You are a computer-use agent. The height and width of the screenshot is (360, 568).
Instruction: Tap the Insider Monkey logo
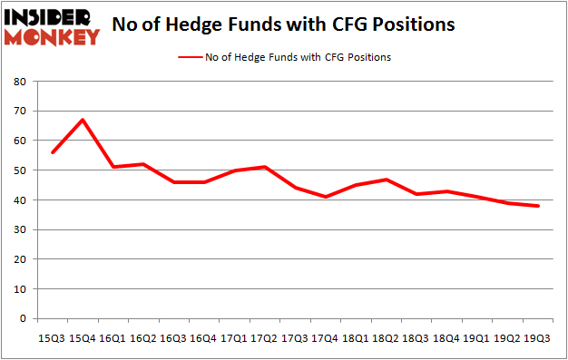pyautogui.click(x=52, y=26)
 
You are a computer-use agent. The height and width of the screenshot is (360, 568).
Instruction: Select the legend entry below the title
pyautogui.click(x=286, y=57)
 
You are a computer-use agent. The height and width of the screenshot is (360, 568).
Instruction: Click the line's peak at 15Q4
pyautogui.click(x=83, y=120)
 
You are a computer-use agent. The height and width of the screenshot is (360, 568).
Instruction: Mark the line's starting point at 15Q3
pyautogui.click(x=52, y=152)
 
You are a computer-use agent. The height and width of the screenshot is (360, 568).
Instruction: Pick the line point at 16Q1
pyautogui.click(x=113, y=167)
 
